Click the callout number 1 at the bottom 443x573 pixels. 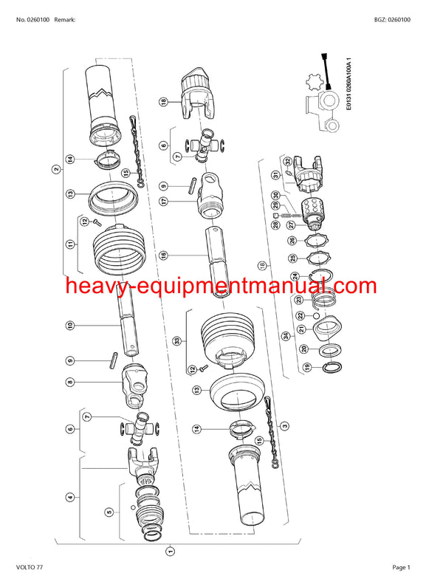click(x=170, y=549)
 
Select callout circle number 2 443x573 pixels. click(x=56, y=169)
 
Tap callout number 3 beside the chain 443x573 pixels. click(x=285, y=425)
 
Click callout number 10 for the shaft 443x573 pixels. click(x=70, y=325)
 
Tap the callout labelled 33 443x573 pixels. click(x=176, y=340)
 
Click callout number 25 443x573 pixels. click(x=293, y=258)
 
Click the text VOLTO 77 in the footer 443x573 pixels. click(x=30, y=566)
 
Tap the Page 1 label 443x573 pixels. click(x=401, y=566)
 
